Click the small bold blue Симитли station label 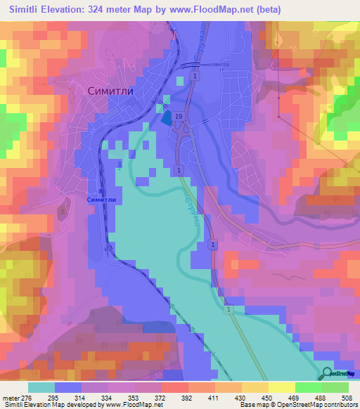pos(100,199)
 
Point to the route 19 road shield pos(179,117)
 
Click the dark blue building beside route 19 pos(166,119)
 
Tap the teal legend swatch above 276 pos(41,387)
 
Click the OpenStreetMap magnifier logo pos(327,372)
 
